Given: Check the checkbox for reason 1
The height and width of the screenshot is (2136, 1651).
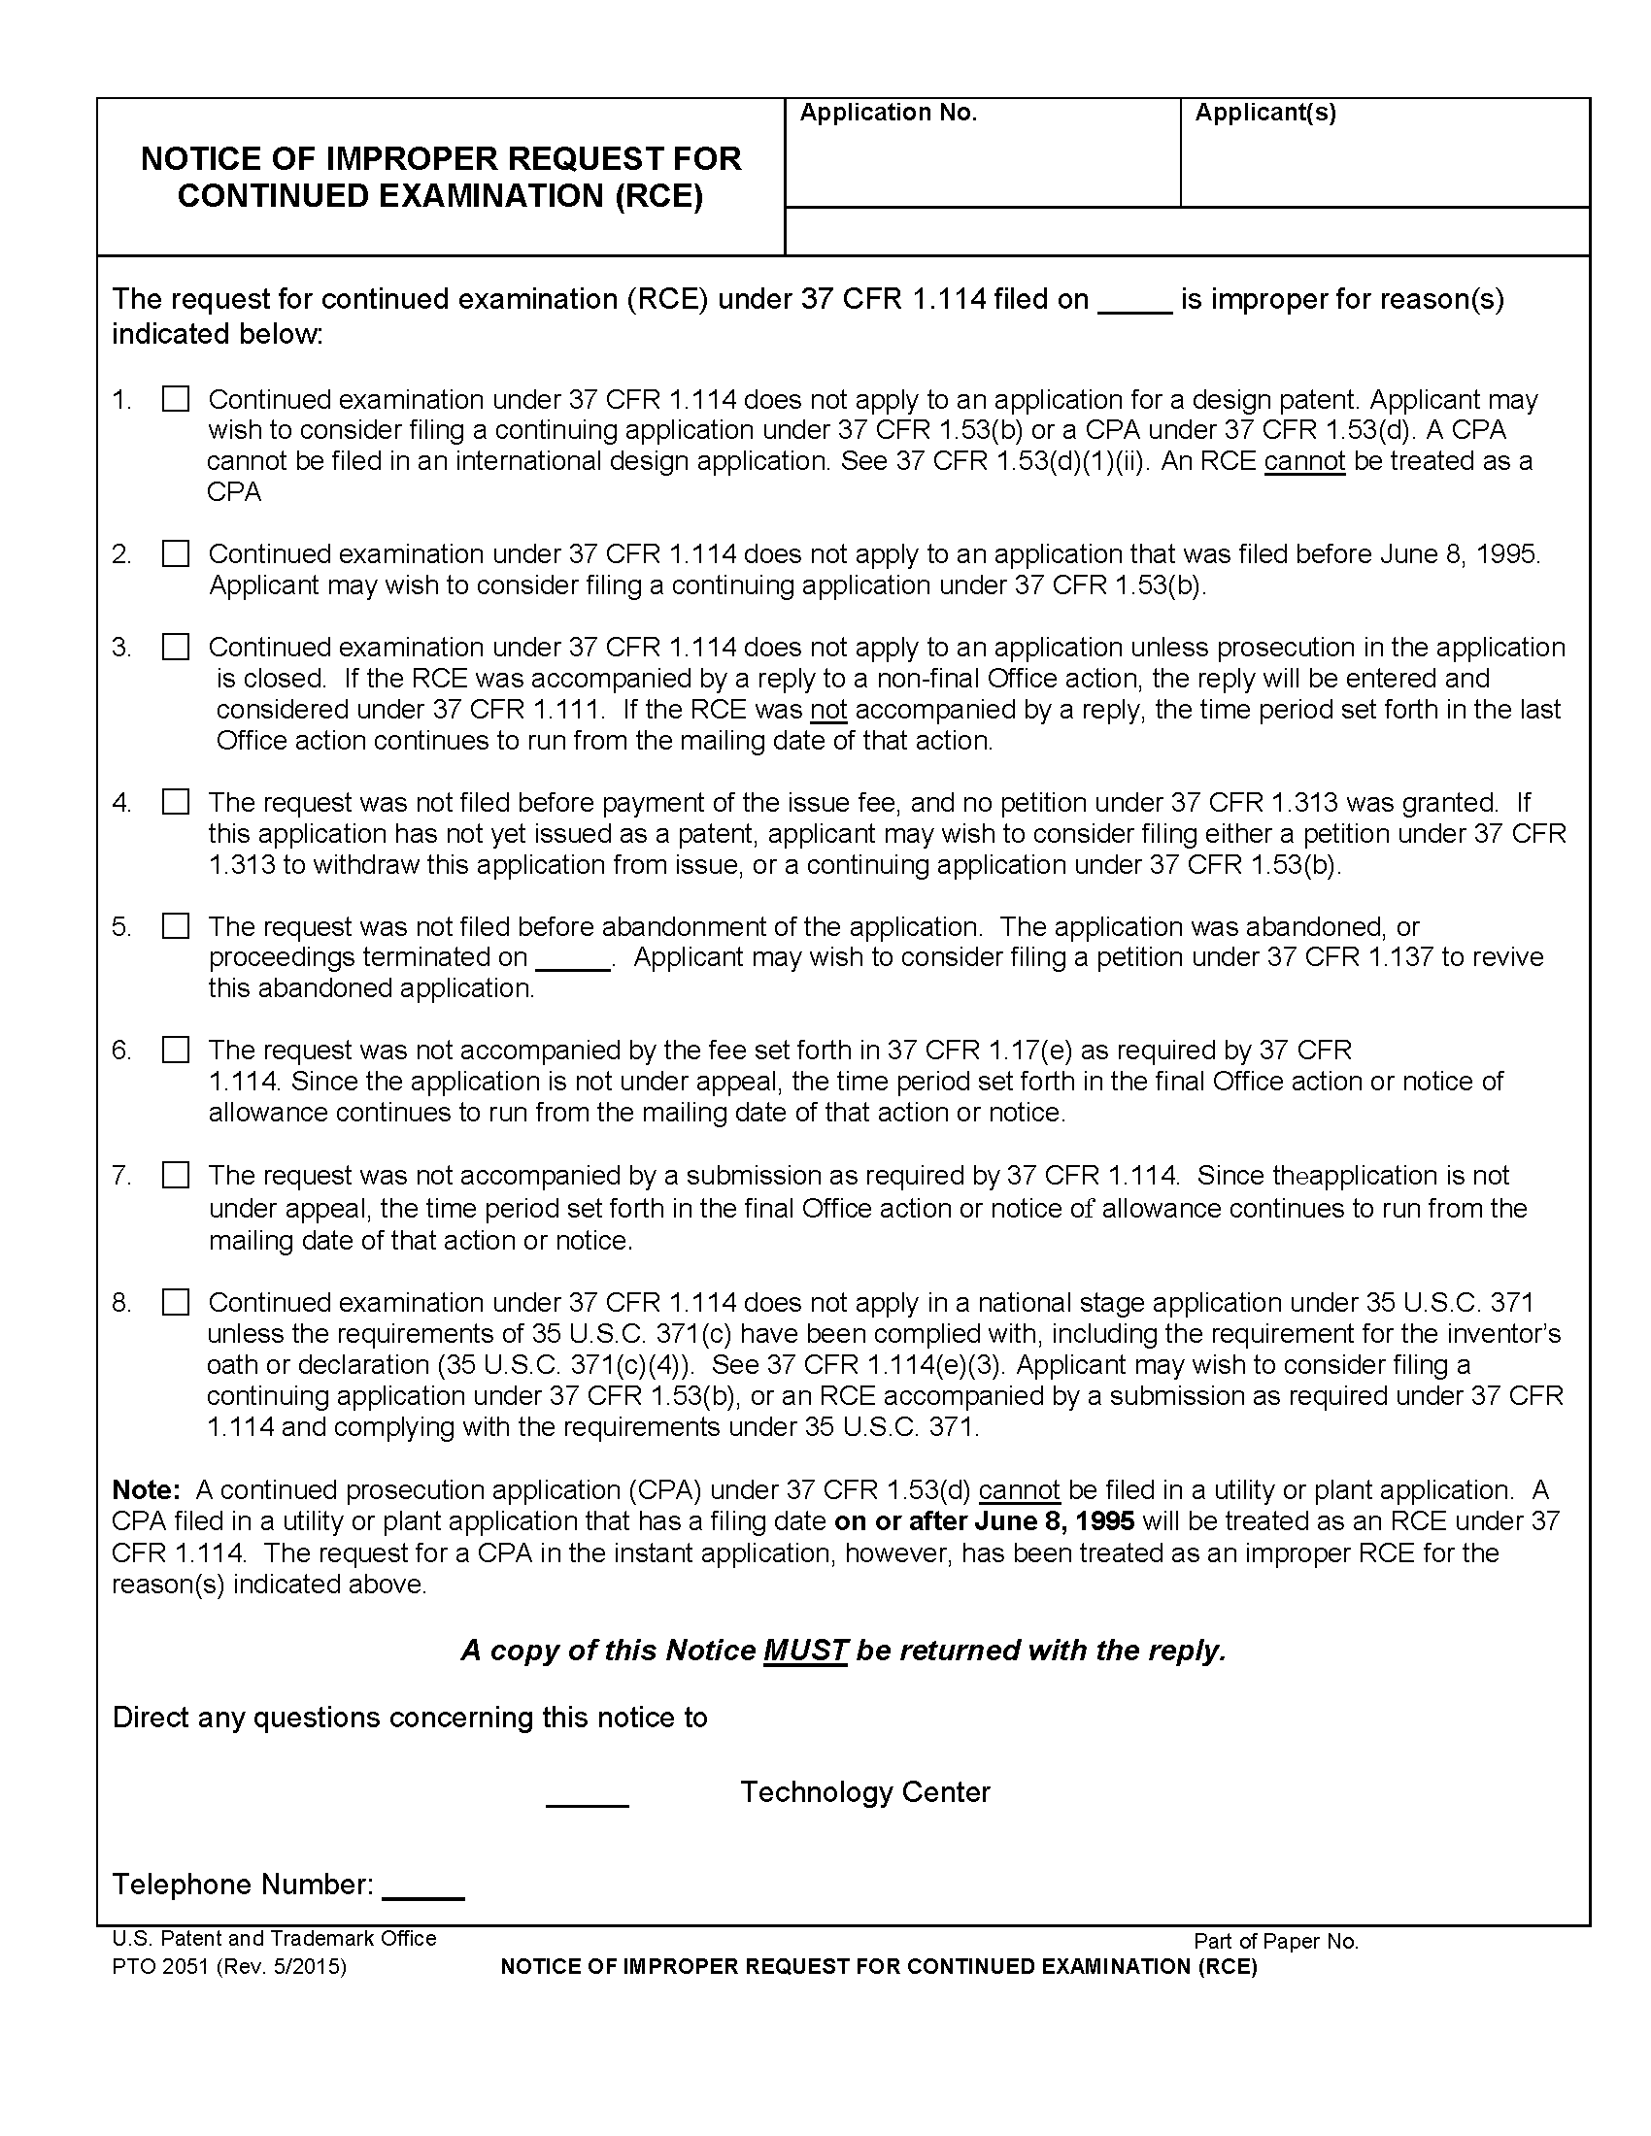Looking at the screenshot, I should coord(176,399).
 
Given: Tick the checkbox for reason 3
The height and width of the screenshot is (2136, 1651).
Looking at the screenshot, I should coord(176,648).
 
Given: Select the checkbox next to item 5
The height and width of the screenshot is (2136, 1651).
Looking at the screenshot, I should coord(176,926).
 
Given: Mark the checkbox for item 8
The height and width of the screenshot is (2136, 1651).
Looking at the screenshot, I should coord(176,1303).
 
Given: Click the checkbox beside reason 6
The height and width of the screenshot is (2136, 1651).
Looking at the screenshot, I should coord(176,1050).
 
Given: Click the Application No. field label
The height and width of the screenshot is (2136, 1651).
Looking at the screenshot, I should coord(888,114).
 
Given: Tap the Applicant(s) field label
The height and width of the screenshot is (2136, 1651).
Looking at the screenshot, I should coord(1264,114).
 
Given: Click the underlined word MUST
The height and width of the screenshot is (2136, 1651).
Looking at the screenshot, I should coord(805,1651).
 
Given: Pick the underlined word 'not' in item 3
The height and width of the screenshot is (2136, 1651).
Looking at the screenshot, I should coord(828,709).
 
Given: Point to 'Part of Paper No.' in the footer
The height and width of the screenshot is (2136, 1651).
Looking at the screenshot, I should coord(1275,1942).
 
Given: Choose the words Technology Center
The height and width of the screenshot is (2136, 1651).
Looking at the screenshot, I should coord(864,1791).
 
